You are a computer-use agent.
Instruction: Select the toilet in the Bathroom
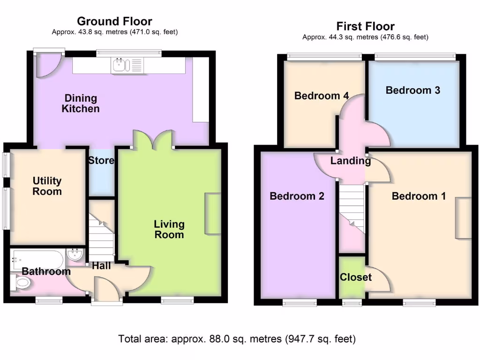point(22,282)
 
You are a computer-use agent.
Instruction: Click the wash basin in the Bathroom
point(75,255)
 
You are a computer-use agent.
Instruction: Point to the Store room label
point(101,161)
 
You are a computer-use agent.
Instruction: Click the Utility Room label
point(47,186)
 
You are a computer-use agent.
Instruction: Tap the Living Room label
point(169,229)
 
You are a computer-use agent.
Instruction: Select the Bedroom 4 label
point(322,96)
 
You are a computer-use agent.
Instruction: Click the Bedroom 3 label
point(412,90)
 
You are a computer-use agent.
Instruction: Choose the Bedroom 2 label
point(297,196)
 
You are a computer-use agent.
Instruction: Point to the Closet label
point(356,277)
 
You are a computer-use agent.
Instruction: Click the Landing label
point(351,161)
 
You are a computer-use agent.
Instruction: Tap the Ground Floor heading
point(114,21)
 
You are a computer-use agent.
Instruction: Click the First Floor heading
point(365,26)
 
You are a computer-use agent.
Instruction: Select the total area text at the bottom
point(237,338)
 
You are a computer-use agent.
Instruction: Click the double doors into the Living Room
point(152,140)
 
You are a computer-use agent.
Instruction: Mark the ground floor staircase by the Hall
point(101,239)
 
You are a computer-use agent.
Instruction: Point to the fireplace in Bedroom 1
point(464,218)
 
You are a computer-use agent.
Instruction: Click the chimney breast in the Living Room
point(212,213)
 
